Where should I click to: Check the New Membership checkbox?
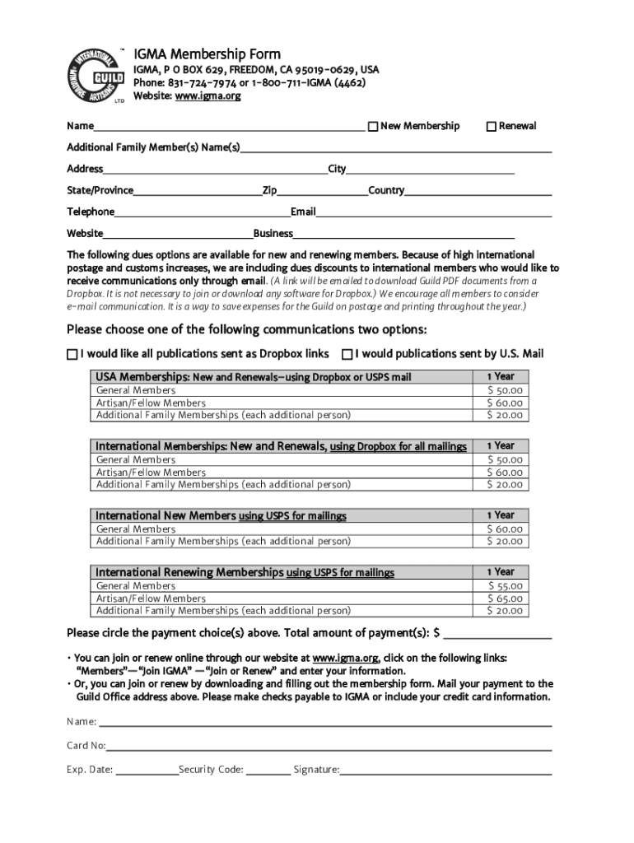pos(372,126)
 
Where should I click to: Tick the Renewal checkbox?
pos(492,126)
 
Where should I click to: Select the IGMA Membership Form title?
pos(207,54)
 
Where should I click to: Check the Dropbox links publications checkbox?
pos(72,354)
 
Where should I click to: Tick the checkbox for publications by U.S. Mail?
pos(347,354)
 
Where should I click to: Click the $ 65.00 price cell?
pos(504,598)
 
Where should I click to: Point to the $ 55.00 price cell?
pos(504,586)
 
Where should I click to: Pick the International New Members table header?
pos(221,516)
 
